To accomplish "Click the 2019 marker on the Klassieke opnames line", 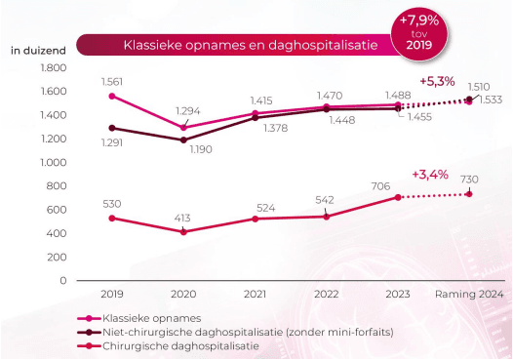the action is point(112,96).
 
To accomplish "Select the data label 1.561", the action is point(112,82).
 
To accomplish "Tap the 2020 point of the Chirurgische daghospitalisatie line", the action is point(183,232).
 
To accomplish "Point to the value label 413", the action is point(182,218).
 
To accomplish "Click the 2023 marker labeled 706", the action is point(398,197).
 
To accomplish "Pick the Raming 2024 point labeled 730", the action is point(469,194).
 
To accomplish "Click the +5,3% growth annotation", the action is point(437,82).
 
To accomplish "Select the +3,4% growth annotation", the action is point(430,175).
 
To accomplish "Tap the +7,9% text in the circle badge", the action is point(419,20).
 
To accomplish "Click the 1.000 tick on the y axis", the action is point(54,162).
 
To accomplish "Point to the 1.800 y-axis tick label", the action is point(54,67).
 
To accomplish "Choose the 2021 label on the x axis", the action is point(255,294).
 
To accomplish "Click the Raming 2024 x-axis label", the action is point(469,294).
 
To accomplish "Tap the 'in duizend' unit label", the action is point(38,51).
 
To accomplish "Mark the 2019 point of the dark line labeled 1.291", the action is point(112,128).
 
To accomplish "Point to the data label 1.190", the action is point(201,149).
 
